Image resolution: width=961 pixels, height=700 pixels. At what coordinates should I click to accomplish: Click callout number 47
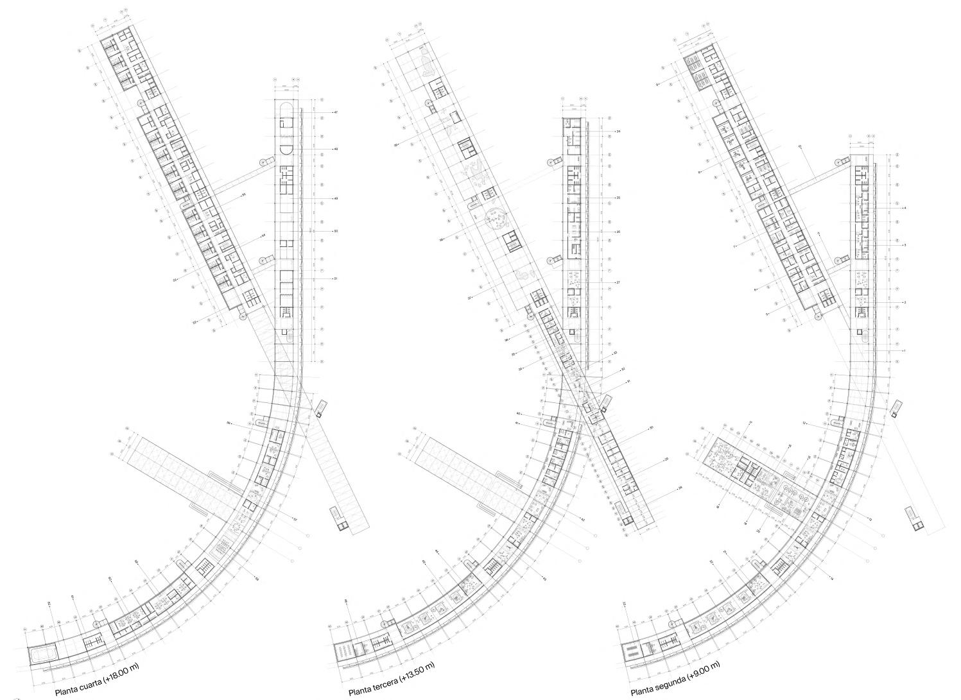pyautogui.click(x=335, y=112)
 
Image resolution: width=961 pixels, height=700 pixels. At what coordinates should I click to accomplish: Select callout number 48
pyautogui.click(x=335, y=149)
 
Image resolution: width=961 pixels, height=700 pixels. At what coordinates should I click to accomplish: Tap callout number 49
pyautogui.click(x=335, y=199)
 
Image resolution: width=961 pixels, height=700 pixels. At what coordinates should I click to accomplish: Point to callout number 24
pyautogui.click(x=618, y=132)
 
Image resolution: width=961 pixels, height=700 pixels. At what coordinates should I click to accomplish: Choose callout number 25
pyautogui.click(x=618, y=198)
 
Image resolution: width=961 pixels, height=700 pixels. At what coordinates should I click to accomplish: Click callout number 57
pyautogui.click(x=295, y=519)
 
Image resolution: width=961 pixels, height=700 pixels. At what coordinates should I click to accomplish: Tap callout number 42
pyautogui.click(x=582, y=520)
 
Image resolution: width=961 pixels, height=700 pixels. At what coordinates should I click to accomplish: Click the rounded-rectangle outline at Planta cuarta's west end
pyautogui.click(x=44, y=655)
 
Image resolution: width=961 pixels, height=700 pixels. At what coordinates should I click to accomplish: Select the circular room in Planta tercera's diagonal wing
pyautogui.click(x=496, y=221)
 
